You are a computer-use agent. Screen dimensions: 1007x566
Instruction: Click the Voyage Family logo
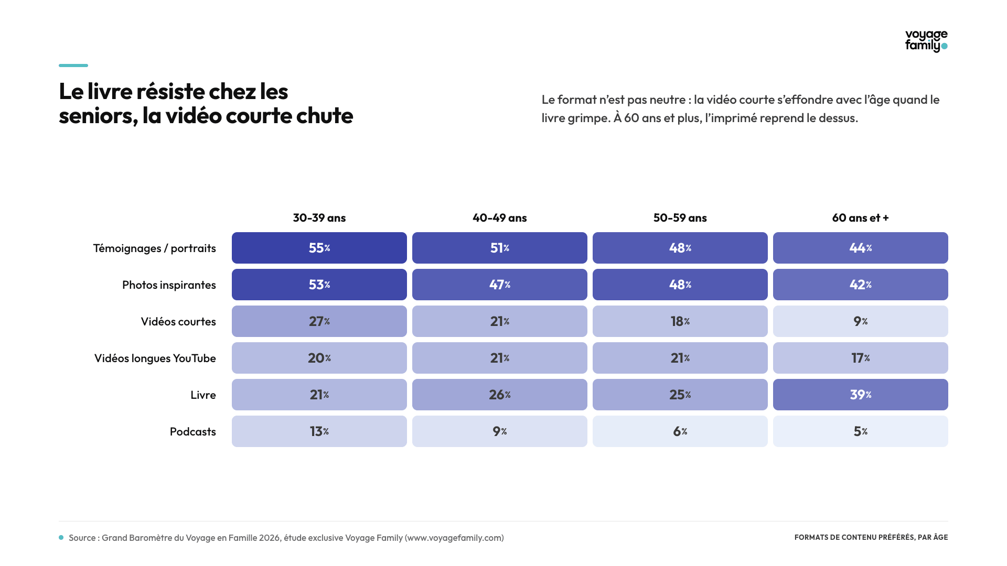[x=926, y=41]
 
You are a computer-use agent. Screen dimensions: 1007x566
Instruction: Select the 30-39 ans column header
[x=319, y=218]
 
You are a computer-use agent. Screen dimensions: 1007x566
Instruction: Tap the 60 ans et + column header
[x=861, y=218]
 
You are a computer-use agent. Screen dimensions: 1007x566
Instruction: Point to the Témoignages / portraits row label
[x=155, y=248]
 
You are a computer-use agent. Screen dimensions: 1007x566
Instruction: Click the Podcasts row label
[x=193, y=432]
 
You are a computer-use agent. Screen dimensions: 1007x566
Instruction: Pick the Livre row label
[x=203, y=395]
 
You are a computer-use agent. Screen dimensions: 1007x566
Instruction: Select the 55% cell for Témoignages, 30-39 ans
[x=319, y=248]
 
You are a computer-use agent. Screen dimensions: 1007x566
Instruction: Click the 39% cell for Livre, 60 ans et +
[x=861, y=395]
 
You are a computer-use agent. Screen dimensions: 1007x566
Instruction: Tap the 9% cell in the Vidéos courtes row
[x=861, y=321]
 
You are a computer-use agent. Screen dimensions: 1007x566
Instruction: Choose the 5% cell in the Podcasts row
[x=861, y=431]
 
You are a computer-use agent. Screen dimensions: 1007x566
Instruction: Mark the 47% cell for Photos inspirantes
[x=500, y=285]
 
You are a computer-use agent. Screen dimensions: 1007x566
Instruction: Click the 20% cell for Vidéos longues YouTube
[x=319, y=358]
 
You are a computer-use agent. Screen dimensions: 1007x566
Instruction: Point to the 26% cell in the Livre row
[x=500, y=395]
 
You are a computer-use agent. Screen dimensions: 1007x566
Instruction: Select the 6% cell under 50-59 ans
[x=680, y=431]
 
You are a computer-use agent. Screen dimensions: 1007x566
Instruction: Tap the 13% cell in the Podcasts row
[x=319, y=431]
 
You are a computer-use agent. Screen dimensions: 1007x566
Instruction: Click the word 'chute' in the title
[x=325, y=116]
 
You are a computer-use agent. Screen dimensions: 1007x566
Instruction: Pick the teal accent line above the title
[x=73, y=66]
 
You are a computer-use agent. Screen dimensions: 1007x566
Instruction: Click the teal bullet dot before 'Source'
[x=61, y=538]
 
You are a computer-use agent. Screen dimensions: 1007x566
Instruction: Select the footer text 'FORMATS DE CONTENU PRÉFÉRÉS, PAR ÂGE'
[x=871, y=537]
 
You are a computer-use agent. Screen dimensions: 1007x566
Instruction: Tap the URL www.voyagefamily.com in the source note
[x=454, y=538]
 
